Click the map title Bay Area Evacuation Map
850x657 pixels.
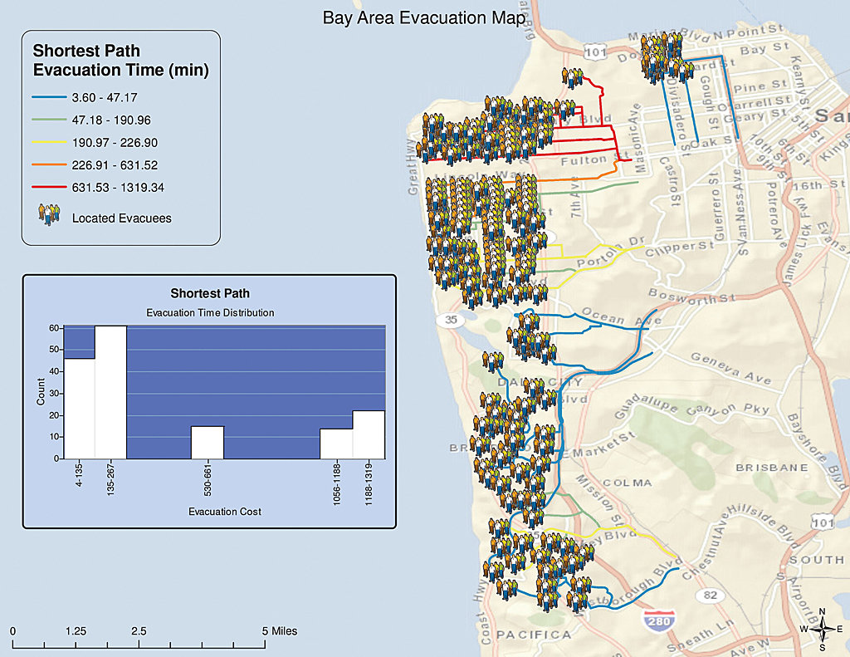tap(424, 18)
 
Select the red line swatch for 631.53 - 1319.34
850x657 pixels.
tap(47, 188)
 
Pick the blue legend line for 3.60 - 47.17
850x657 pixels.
tap(47, 98)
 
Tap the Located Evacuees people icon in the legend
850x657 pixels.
tap(49, 213)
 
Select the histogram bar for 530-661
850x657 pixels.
tap(208, 442)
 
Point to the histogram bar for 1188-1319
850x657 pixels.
tap(369, 434)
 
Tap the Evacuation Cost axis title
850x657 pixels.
tap(225, 512)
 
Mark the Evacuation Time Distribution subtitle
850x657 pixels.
tap(210, 313)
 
